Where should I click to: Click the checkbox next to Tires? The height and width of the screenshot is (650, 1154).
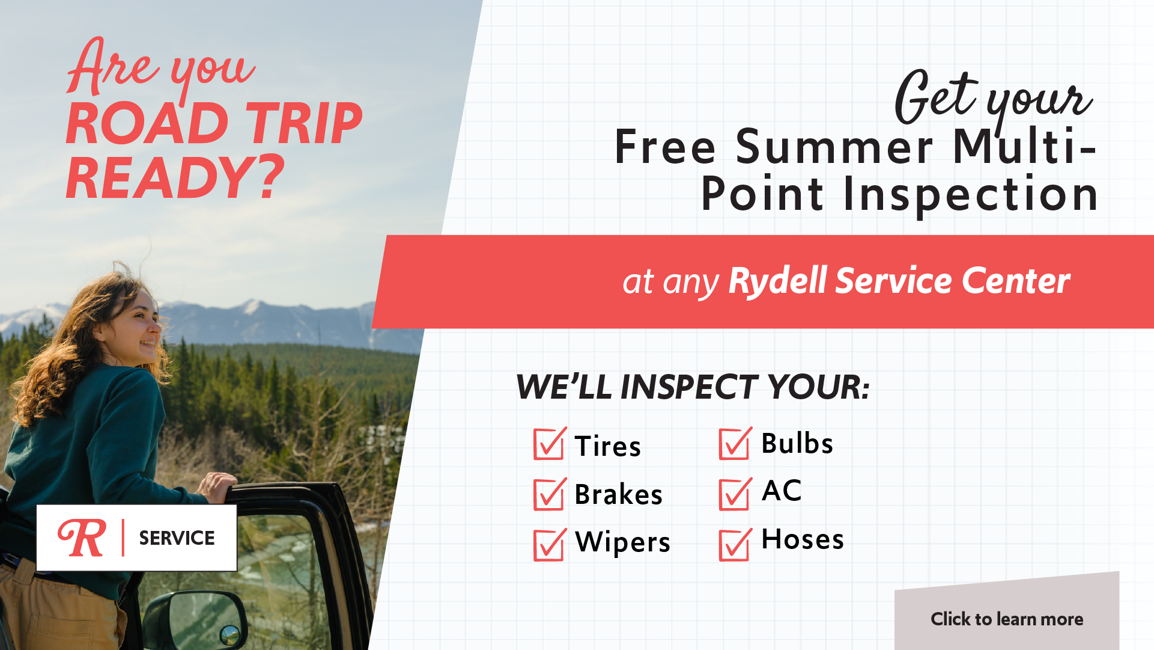click(x=549, y=444)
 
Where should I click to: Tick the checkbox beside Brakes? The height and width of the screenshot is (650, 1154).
click(x=549, y=494)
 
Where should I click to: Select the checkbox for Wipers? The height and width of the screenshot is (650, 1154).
click(x=549, y=544)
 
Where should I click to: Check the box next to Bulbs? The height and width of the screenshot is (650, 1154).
click(x=735, y=444)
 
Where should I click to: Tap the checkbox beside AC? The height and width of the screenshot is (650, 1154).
click(x=735, y=494)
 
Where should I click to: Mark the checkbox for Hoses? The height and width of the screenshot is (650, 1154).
click(x=735, y=544)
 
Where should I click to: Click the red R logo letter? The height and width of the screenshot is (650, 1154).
click(x=82, y=538)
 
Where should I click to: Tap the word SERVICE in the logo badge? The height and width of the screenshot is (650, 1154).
click(x=177, y=538)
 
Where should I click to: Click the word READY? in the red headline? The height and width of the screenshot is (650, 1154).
click(x=175, y=177)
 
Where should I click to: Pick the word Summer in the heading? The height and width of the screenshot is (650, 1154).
click(x=834, y=147)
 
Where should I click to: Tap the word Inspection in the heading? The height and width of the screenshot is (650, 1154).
click(x=971, y=195)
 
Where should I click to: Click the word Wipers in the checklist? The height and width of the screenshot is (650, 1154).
click(x=622, y=542)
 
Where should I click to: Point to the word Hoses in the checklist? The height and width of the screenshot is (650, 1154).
click(x=803, y=539)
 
